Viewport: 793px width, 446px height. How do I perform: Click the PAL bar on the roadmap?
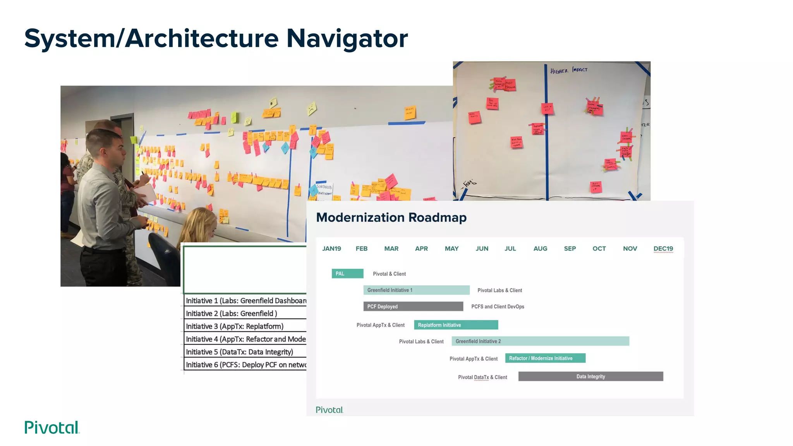[347, 274]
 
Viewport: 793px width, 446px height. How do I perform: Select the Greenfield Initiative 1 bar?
[416, 290]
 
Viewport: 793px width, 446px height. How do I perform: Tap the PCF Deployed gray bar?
[413, 306]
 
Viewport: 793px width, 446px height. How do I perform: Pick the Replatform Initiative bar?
[456, 325]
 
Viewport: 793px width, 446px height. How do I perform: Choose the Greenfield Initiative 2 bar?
[540, 341]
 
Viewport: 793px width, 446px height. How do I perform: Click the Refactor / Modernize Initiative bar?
[545, 358]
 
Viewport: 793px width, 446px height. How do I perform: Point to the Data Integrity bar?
[590, 376]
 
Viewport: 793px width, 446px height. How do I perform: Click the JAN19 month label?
[331, 249]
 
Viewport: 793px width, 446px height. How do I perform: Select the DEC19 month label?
[663, 249]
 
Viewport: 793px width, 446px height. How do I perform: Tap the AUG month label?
[540, 249]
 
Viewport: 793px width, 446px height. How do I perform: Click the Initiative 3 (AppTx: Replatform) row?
[245, 326]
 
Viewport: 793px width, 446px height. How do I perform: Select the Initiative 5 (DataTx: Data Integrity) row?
[245, 352]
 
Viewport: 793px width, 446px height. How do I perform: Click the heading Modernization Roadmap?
[391, 218]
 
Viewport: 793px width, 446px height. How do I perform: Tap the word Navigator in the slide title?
[347, 39]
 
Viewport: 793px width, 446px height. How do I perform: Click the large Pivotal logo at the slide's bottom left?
[52, 427]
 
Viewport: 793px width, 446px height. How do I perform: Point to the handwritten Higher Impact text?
[568, 70]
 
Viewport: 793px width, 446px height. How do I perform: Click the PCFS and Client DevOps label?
[498, 307]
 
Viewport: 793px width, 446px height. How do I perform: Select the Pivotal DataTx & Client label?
[482, 377]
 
